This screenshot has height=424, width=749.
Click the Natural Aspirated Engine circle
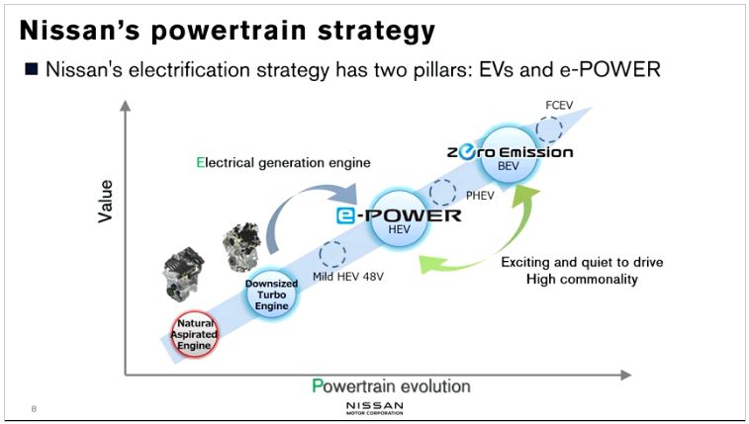click(194, 334)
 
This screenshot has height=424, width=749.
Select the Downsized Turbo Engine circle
click(271, 295)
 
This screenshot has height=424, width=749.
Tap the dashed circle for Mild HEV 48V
click(332, 254)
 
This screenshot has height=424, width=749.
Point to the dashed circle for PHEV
click(443, 192)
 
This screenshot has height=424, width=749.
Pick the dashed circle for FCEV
click(549, 128)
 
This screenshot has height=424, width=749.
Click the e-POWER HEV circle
click(400, 218)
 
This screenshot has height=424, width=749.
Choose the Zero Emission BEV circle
click(509, 154)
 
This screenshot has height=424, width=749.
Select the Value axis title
click(106, 201)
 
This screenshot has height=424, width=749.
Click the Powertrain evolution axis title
click(391, 385)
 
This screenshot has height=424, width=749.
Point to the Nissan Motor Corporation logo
click(374, 408)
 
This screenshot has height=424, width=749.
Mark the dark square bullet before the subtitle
click(31, 69)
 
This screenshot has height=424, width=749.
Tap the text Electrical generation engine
click(283, 163)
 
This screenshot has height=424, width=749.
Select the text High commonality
click(582, 279)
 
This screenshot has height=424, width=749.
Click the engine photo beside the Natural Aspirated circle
click(182, 275)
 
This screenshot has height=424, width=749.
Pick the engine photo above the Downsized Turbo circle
click(241, 247)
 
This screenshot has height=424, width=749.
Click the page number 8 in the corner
click(34, 409)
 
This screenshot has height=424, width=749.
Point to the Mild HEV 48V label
click(348, 277)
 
